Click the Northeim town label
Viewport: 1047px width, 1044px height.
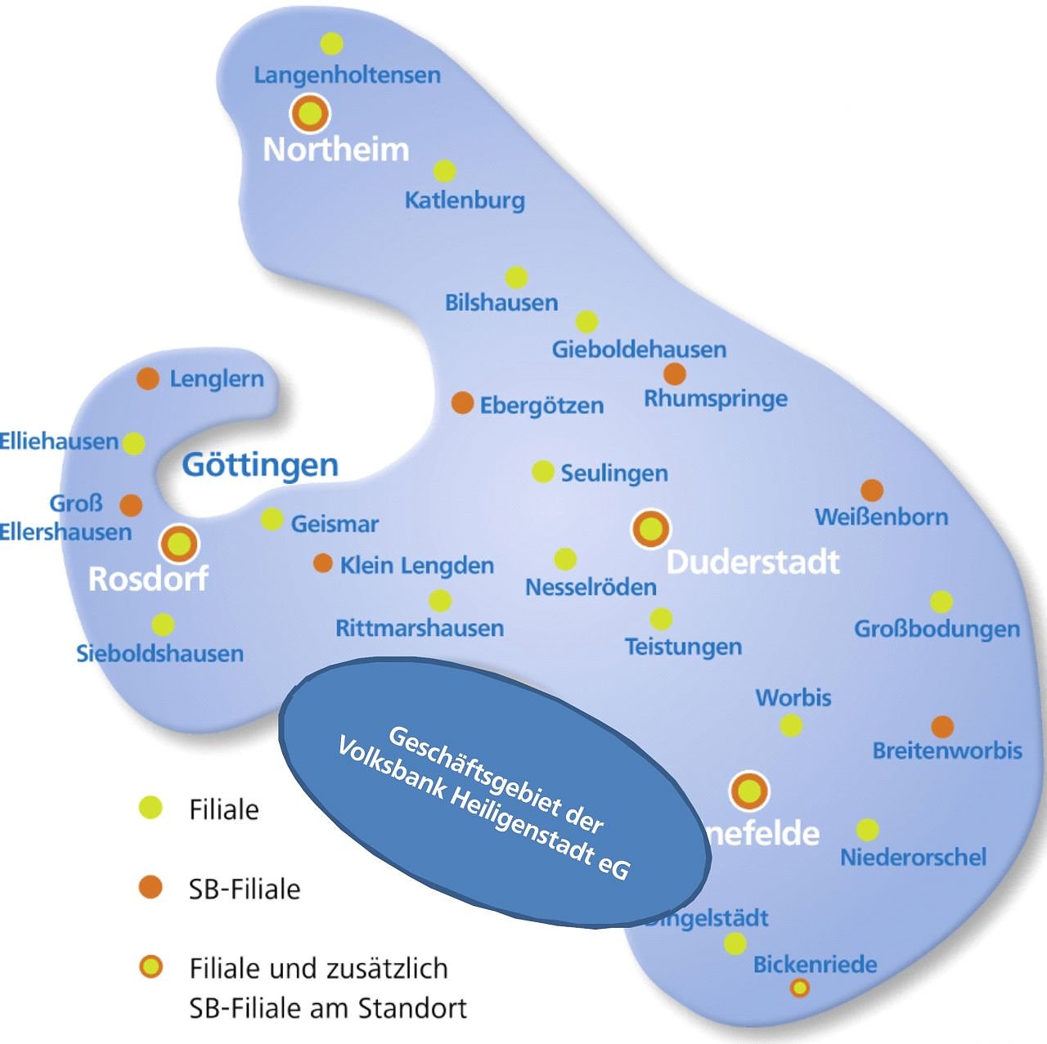336,150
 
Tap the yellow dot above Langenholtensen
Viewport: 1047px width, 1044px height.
331,43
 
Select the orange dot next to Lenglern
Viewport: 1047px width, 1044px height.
147,379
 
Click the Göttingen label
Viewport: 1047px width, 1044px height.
260,464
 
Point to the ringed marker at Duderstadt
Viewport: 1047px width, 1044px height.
651,529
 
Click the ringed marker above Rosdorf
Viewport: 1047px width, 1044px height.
178,543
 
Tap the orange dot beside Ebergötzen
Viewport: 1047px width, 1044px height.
463,403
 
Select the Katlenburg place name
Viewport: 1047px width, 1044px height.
465,200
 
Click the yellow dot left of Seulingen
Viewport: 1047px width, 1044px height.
543,472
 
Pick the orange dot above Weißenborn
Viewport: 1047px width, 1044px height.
872,491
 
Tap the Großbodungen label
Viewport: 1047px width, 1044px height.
937,629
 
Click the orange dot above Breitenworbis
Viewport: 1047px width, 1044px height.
942,726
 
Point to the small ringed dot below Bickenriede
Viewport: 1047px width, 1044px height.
800,988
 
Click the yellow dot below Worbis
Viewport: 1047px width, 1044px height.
791,725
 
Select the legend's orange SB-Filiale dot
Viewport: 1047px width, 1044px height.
151,887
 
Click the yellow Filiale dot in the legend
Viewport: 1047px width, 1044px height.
151,808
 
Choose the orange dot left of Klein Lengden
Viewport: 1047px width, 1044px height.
323,563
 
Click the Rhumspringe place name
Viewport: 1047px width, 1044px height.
716,399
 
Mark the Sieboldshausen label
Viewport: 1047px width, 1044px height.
160,653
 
